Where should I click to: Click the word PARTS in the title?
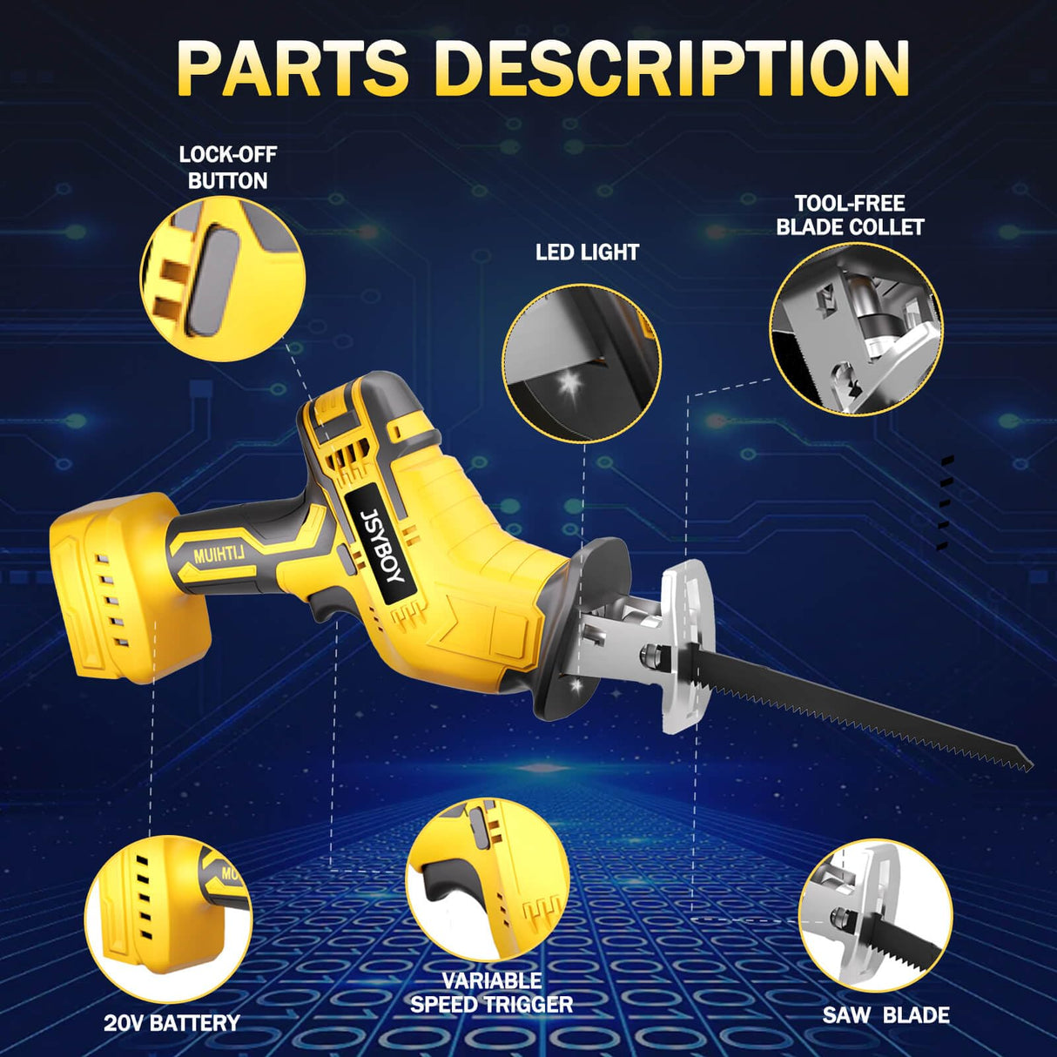tap(292, 68)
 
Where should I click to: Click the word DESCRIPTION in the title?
tap(671, 68)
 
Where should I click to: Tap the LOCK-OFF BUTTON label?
tap(227, 167)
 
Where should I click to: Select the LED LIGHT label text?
tap(587, 252)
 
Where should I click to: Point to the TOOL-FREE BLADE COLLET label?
tap(850, 215)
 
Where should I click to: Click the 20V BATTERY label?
tap(172, 1023)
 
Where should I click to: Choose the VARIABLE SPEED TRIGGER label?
tap(492, 993)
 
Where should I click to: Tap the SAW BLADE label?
tap(885, 1015)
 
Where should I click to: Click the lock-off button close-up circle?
tap(223, 279)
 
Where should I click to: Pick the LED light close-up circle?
tap(582, 363)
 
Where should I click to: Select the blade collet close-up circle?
tap(856, 329)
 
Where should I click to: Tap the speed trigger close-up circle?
tap(488, 880)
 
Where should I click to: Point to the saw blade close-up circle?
tap(875, 915)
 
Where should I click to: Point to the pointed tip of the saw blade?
tap(1027, 762)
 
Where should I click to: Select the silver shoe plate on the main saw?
tap(685, 644)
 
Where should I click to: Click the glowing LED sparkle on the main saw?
tap(576, 686)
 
